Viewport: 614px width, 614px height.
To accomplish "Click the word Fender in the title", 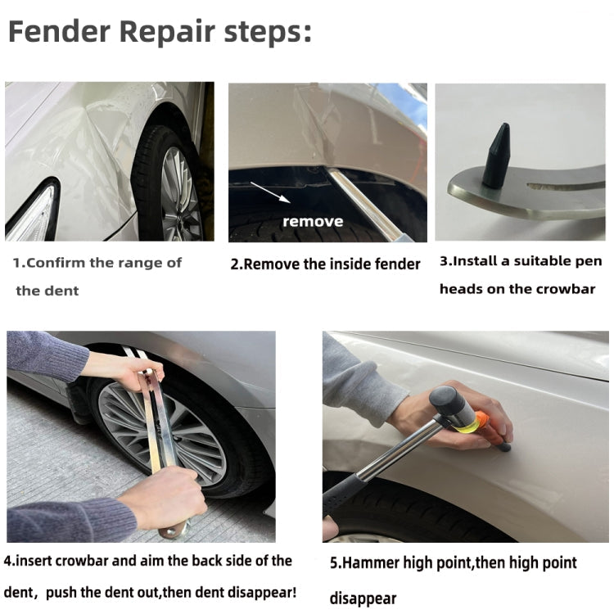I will (x=59, y=33).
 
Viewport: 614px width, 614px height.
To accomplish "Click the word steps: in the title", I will (x=266, y=33).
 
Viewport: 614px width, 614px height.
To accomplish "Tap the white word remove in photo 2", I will (x=312, y=221).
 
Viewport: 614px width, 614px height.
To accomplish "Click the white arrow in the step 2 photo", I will (x=269, y=192).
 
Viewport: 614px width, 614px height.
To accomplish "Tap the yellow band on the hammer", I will (x=467, y=419).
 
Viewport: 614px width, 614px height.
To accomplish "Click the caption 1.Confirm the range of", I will (x=97, y=263).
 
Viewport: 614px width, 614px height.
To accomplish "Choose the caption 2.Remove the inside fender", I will (x=325, y=264).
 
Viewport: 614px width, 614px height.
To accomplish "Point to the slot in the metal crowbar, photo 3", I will (x=565, y=186).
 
